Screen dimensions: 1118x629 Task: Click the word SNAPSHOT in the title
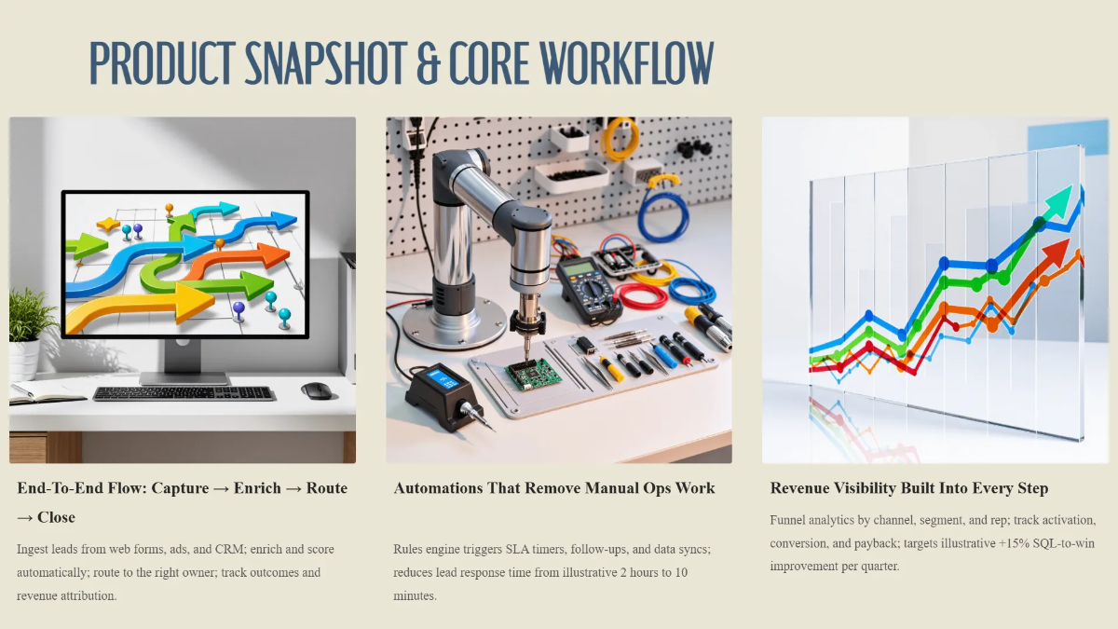point(324,63)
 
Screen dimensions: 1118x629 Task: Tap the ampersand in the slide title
point(428,63)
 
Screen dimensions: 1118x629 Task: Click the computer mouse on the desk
point(316,390)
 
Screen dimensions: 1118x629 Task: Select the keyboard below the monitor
point(184,394)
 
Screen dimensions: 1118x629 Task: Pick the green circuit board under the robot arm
point(533,374)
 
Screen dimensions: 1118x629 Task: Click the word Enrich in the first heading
point(257,487)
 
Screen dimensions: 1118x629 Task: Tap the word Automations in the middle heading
point(438,487)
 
